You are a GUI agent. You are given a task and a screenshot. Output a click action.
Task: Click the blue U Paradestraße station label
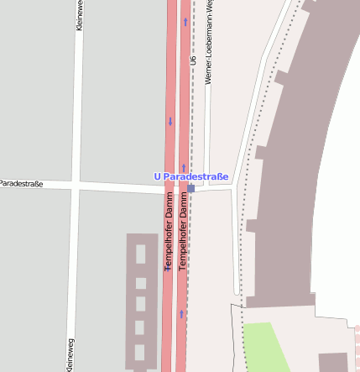(190, 176)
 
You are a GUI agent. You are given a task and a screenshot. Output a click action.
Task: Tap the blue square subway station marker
(191, 189)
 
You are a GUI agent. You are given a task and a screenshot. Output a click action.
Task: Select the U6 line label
(193, 60)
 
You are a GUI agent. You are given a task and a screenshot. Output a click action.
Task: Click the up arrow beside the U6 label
(185, 21)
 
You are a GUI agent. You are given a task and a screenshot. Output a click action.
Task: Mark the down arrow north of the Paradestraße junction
(170, 122)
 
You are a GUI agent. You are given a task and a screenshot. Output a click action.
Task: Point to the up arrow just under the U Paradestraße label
(183, 168)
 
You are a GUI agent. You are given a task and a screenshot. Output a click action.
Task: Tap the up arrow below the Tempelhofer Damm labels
(181, 314)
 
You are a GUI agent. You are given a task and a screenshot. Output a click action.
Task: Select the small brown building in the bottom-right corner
(333, 362)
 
